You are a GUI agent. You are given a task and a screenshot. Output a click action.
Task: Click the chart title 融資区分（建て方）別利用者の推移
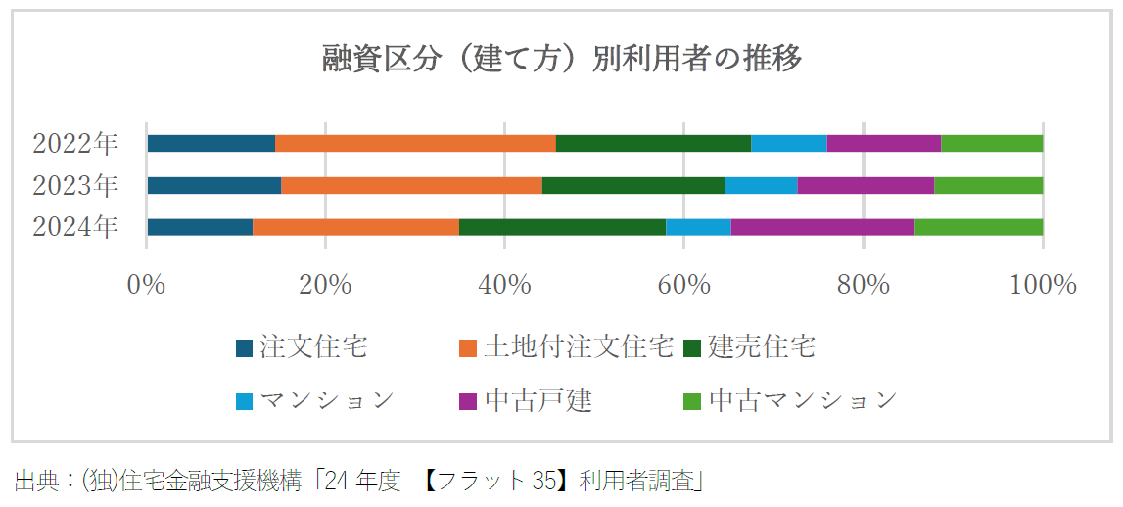tap(562, 59)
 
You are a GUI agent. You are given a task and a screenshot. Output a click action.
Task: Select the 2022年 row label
tap(75, 144)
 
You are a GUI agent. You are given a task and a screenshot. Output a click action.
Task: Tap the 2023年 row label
tap(75, 185)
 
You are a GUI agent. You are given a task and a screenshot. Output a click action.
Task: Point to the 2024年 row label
tap(75, 227)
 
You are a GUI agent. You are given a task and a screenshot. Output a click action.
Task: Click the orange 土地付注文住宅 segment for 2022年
tap(415, 144)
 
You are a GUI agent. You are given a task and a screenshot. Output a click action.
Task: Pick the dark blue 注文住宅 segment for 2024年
tap(200, 227)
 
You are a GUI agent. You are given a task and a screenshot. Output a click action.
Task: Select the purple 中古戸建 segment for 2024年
tap(822, 227)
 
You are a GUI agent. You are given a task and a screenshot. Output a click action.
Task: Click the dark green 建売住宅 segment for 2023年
tap(632, 185)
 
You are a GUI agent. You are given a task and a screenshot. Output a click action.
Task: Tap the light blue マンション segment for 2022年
tap(788, 144)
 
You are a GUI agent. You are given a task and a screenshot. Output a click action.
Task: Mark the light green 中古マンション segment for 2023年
tap(988, 185)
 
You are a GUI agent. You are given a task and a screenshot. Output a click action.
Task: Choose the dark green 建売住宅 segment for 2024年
tap(562, 227)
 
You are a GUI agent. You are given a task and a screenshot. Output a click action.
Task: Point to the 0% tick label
tap(147, 285)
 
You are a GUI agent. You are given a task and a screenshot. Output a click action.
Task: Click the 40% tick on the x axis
tap(504, 285)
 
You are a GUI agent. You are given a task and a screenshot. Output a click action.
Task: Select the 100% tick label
tap(1042, 285)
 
